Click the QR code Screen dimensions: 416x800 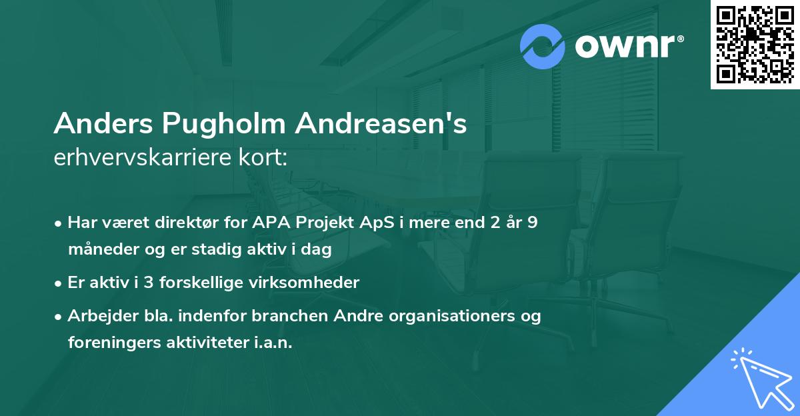(x=755, y=44)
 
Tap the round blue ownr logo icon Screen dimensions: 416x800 (x=543, y=47)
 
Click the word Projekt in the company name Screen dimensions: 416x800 (x=323, y=222)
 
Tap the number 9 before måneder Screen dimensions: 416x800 (x=532, y=222)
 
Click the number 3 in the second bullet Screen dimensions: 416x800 (x=149, y=282)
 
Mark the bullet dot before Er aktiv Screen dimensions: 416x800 (x=59, y=283)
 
